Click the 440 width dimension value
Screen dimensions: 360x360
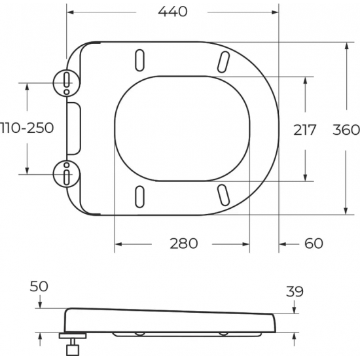coord(173,11)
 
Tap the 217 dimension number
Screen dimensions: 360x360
coord(304,130)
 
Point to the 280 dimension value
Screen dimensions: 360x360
coord(183,243)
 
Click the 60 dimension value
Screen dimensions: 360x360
coord(314,243)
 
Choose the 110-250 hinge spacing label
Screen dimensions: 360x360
coord(27,128)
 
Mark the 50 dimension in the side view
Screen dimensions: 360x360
coord(39,287)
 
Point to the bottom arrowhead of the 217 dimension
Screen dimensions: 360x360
coord(306,177)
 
